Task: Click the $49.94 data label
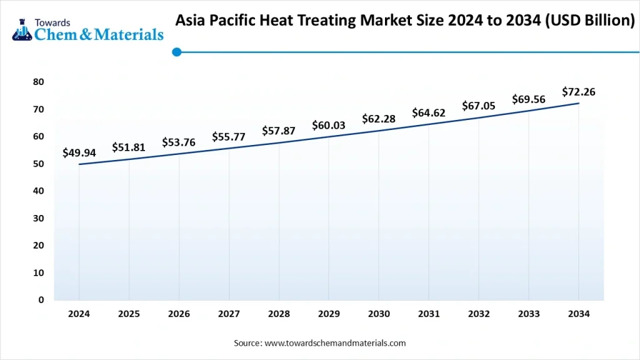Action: [79, 152]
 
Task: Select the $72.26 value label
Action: [578, 92]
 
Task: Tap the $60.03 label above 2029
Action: [329, 125]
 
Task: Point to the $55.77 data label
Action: [229, 136]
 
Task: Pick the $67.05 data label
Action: [479, 106]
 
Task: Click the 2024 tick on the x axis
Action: [79, 314]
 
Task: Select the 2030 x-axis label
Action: [379, 314]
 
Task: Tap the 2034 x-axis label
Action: [579, 314]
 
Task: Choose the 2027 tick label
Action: [229, 314]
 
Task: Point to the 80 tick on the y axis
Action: [39, 82]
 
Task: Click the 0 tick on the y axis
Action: [41, 300]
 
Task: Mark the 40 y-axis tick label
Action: [39, 191]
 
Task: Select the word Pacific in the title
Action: [237, 20]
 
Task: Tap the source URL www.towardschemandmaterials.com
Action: [335, 343]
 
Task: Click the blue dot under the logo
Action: [177, 52]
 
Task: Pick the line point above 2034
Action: [579, 103]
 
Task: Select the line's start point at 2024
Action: [79, 164]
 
